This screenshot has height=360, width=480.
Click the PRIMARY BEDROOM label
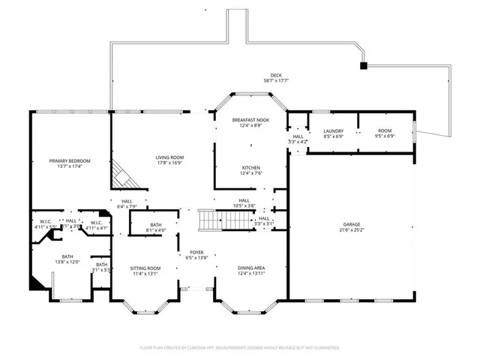[x=70, y=161]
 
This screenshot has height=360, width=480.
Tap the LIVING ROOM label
[x=169, y=157]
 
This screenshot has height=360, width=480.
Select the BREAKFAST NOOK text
[x=250, y=120]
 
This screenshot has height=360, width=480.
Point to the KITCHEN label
[x=250, y=167]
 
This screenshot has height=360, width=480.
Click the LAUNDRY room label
[x=333, y=131]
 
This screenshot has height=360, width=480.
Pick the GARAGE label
[x=352, y=224]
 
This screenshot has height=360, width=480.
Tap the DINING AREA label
[x=250, y=268]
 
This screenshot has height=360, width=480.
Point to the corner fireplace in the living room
[x=122, y=178]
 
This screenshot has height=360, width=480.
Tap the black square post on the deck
[x=364, y=66]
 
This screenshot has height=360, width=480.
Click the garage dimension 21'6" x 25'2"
[x=352, y=229]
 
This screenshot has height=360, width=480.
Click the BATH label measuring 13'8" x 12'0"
[x=67, y=256]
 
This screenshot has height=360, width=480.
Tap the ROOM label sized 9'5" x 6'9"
[x=384, y=131]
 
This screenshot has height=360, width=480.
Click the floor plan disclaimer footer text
[x=239, y=348]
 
